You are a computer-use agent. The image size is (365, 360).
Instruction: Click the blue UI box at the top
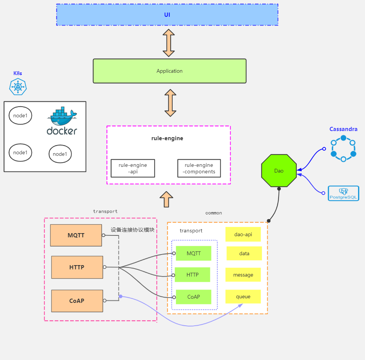(x=167, y=15)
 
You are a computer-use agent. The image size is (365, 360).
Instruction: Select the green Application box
(x=170, y=71)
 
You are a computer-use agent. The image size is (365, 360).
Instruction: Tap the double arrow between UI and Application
(x=169, y=43)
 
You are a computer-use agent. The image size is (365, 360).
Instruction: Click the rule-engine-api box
(x=133, y=168)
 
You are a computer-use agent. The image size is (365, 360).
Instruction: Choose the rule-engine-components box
(x=199, y=168)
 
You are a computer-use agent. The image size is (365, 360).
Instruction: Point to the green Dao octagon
(x=279, y=171)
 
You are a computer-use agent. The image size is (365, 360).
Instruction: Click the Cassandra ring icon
(x=343, y=148)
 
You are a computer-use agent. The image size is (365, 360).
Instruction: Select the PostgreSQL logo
(x=343, y=193)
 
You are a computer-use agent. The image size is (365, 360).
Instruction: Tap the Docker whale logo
(x=62, y=122)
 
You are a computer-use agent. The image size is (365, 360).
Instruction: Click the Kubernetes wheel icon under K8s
(x=18, y=87)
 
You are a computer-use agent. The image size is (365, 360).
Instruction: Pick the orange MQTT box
(x=76, y=235)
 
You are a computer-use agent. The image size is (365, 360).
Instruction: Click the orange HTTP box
(x=77, y=267)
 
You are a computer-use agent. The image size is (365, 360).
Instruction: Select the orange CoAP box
(x=77, y=301)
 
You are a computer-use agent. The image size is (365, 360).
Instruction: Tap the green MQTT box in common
(x=194, y=253)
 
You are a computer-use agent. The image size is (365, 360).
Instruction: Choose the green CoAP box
(x=194, y=297)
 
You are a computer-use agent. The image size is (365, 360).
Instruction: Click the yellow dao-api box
(x=243, y=234)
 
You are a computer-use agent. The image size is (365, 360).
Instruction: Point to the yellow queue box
(x=243, y=297)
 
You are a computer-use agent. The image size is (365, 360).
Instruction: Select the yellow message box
(x=243, y=275)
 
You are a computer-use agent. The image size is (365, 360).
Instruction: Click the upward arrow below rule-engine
(x=166, y=199)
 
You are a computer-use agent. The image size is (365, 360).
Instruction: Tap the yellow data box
(x=244, y=253)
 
